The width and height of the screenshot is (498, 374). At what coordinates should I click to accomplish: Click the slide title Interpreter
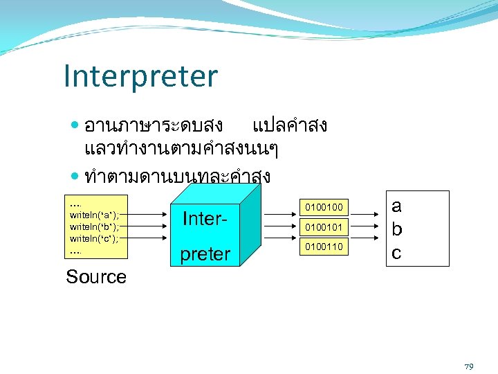coord(140,77)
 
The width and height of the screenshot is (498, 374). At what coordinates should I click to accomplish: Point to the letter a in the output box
coord(396,206)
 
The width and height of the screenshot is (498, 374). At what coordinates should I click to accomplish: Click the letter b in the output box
coord(396,229)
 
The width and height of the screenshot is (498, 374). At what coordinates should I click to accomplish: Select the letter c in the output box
coord(396,252)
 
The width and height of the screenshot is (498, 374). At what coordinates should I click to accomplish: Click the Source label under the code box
coord(96,277)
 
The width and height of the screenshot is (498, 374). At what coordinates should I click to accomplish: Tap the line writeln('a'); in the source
coord(95,215)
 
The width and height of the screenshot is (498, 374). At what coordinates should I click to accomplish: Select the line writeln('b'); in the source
coord(95,226)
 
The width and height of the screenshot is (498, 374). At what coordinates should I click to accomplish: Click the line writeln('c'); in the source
coord(95,238)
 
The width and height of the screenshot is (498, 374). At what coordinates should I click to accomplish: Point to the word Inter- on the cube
coord(205,219)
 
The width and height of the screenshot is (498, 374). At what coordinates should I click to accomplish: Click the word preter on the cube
coord(205,254)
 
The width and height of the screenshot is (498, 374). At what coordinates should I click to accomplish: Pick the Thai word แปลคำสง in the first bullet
coord(290,125)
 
